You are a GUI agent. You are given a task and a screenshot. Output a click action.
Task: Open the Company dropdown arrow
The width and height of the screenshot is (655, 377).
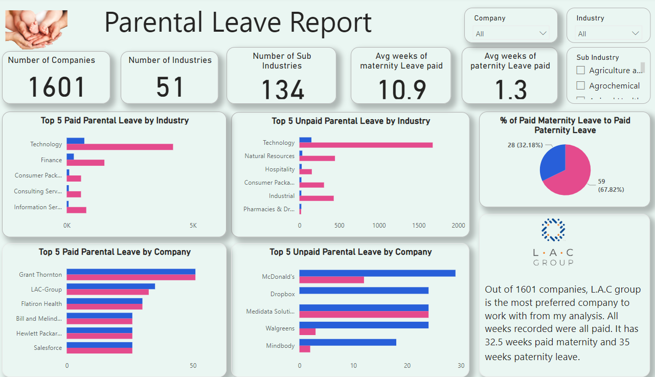543,33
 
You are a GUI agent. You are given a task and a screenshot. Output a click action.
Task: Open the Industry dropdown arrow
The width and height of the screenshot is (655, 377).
636,33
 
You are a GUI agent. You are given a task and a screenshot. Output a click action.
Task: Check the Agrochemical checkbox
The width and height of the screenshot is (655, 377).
580,85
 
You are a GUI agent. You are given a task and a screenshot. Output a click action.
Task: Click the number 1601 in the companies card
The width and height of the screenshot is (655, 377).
56,86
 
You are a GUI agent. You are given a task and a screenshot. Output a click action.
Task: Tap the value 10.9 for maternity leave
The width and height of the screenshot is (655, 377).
402,90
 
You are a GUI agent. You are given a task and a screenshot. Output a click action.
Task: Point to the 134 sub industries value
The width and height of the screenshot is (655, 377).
283,91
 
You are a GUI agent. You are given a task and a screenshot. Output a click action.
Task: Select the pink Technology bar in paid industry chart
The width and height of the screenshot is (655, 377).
120,147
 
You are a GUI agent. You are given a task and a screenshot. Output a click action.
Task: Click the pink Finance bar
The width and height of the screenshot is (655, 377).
85,163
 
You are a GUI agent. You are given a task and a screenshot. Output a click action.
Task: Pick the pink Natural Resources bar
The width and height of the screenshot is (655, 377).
317,159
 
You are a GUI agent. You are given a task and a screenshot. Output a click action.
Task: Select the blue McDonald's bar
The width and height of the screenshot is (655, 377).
377,273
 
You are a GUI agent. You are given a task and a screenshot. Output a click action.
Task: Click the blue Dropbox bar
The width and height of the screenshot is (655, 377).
364,291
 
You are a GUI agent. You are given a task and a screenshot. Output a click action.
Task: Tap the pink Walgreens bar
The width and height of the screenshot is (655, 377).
307,331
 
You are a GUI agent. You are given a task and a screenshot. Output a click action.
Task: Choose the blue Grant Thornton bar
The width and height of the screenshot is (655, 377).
131,272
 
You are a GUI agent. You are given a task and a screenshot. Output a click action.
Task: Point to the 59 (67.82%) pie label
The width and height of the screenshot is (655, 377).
611,185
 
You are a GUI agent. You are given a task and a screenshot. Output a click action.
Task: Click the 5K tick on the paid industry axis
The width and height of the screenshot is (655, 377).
193,226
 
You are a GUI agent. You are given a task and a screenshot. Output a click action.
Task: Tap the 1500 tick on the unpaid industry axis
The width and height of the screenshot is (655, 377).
418,226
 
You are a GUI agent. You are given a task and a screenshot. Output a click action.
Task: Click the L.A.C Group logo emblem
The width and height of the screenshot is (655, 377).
553,230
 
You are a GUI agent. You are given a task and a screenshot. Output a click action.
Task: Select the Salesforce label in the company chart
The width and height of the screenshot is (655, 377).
48,348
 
